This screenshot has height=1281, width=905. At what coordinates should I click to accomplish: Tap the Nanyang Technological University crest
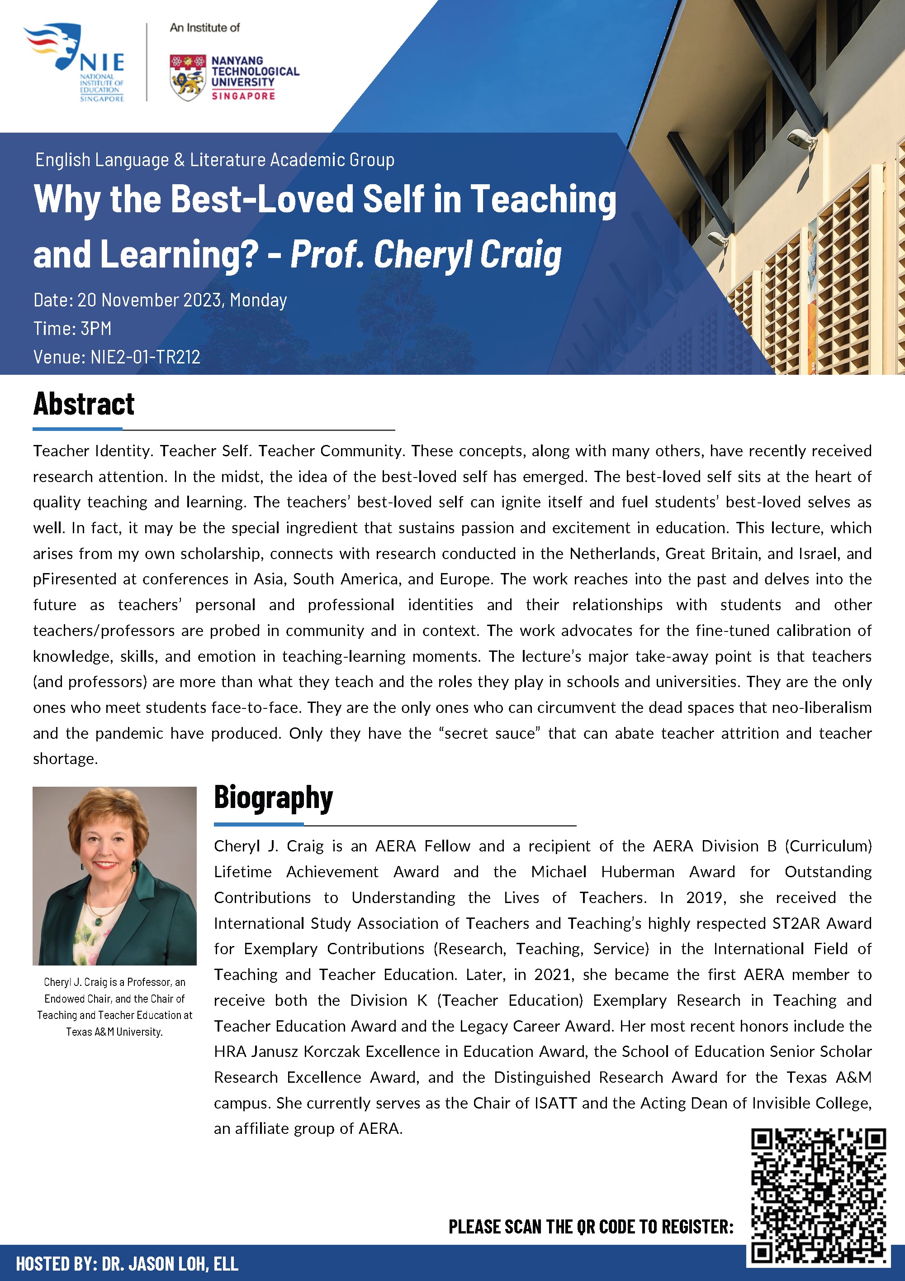click(x=187, y=77)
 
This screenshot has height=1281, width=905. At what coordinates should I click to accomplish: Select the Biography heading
click(x=273, y=798)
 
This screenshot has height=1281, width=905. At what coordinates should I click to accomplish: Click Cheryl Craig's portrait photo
click(x=114, y=875)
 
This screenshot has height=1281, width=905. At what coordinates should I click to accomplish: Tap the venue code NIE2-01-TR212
click(x=145, y=357)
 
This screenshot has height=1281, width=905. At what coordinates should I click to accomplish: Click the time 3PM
click(x=96, y=329)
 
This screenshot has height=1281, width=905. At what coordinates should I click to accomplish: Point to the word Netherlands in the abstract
click(x=613, y=554)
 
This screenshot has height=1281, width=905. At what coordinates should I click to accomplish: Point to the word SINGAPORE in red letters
click(x=243, y=96)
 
